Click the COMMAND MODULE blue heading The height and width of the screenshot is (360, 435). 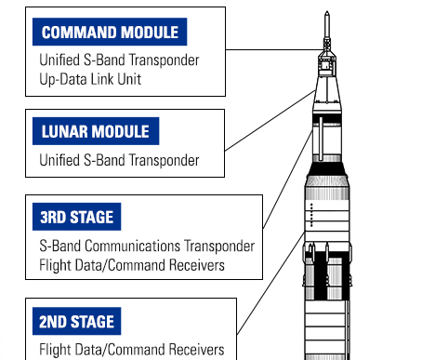pyautogui.click(x=110, y=33)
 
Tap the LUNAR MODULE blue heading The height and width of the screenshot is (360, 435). pyautogui.click(x=96, y=130)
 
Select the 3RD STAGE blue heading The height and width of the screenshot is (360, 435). pyautogui.click(x=77, y=219)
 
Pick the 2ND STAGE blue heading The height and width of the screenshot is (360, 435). pyautogui.click(x=77, y=323)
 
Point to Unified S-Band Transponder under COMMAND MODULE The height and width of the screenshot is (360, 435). pyautogui.click(x=119, y=59)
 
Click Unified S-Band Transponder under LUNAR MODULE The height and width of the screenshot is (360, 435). pyautogui.click(x=119, y=159)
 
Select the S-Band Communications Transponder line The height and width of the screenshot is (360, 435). pyautogui.click(x=147, y=247)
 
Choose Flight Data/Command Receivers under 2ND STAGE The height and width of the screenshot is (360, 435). pyautogui.click(x=132, y=350)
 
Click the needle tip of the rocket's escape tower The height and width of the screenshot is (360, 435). pyautogui.click(x=326, y=13)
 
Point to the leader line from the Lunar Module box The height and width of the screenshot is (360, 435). pyautogui.click(x=270, y=122)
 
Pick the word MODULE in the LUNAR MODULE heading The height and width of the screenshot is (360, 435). pyautogui.click(x=125, y=130)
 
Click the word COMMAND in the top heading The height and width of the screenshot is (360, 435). pyautogui.click(x=77, y=33)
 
